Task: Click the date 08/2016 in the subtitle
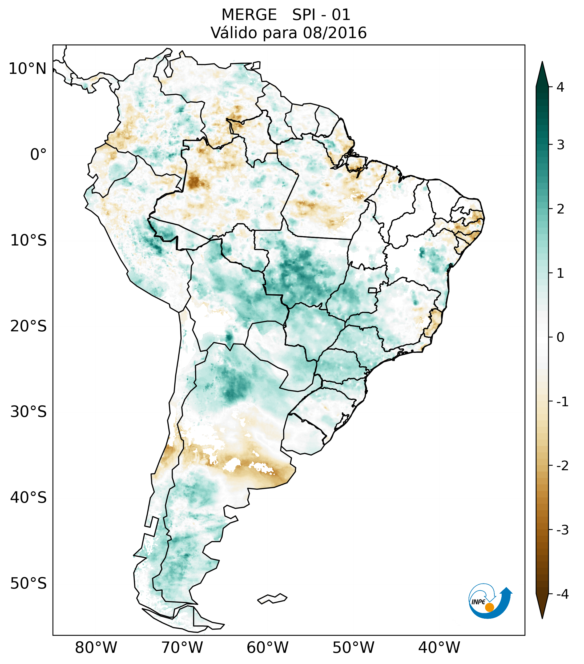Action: (x=335, y=33)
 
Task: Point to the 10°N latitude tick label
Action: (x=28, y=69)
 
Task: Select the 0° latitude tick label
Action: (x=38, y=155)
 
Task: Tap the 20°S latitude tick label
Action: (x=29, y=326)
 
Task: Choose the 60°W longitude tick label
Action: (x=267, y=648)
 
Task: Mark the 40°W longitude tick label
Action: (x=439, y=648)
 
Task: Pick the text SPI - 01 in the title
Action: (x=321, y=15)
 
